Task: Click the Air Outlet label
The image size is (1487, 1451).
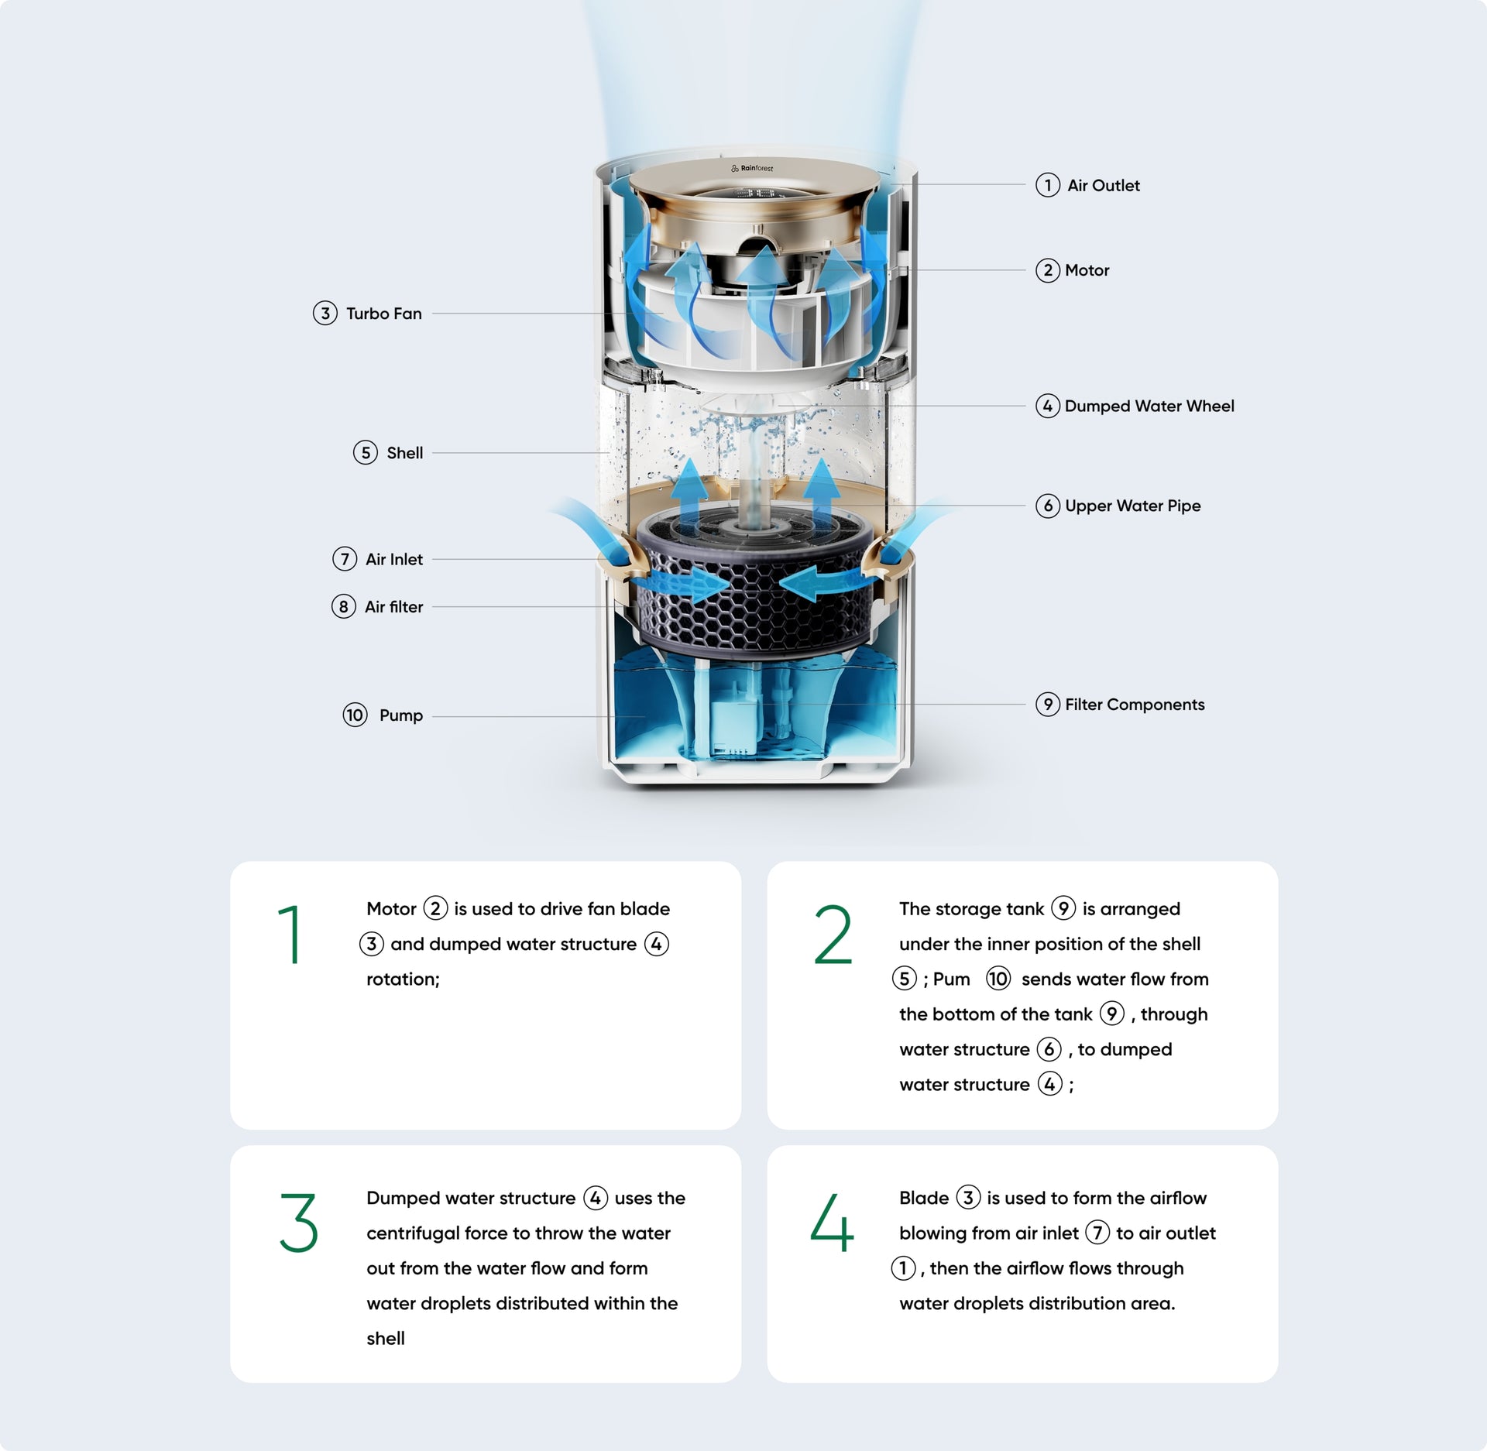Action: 1103,186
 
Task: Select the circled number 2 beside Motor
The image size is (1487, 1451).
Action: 1047,270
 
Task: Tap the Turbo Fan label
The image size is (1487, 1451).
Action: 383,314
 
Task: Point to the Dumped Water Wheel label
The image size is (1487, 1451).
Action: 1149,406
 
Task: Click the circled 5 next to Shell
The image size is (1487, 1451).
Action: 366,453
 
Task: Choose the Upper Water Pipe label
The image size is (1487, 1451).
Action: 1132,506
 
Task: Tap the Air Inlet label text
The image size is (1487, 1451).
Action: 393,560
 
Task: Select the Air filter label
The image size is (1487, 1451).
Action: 393,607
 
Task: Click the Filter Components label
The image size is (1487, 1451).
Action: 1134,705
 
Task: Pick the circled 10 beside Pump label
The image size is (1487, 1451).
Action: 355,715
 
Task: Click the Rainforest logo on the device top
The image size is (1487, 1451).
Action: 752,168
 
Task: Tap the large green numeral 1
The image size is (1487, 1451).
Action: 290,935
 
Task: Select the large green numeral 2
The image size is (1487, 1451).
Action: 833,935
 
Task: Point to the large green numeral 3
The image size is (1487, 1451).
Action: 298,1223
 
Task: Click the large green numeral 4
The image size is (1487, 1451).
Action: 832,1223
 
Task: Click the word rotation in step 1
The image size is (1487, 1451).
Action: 401,979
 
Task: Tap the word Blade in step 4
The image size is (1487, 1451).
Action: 923,1199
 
